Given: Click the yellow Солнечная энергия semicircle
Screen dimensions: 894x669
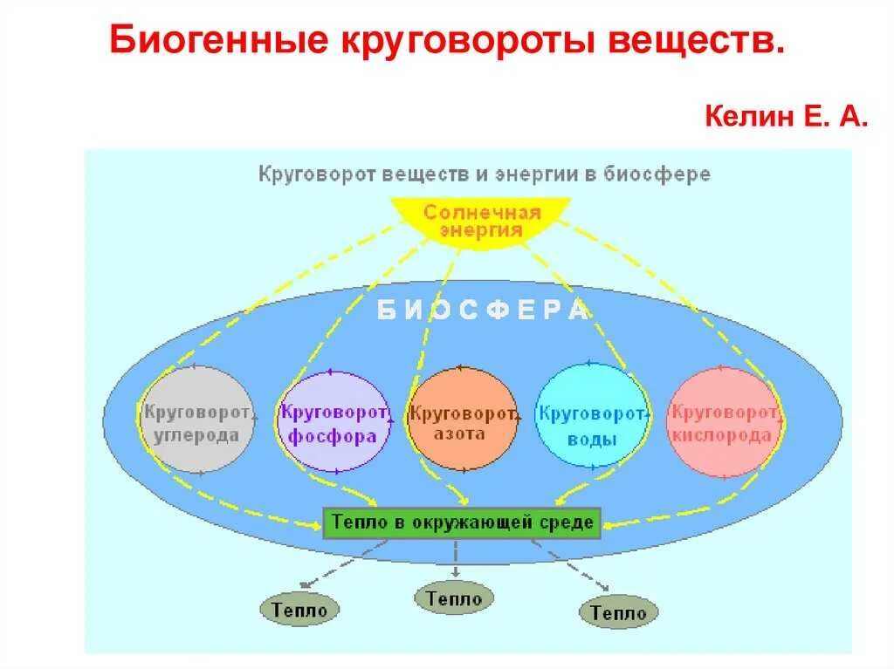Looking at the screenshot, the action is coord(481,220).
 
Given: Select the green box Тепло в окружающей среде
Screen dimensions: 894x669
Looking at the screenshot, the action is coord(462,523).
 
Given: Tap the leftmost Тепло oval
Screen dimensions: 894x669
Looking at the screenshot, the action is coord(299,608).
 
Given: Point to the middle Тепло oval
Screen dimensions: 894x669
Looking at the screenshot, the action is coord(454,598).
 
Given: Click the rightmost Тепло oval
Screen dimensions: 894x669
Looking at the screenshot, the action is coord(618,612).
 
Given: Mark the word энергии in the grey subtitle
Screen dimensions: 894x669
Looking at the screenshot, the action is coord(537,174).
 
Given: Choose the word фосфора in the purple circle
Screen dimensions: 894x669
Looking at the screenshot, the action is coord(333,437).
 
